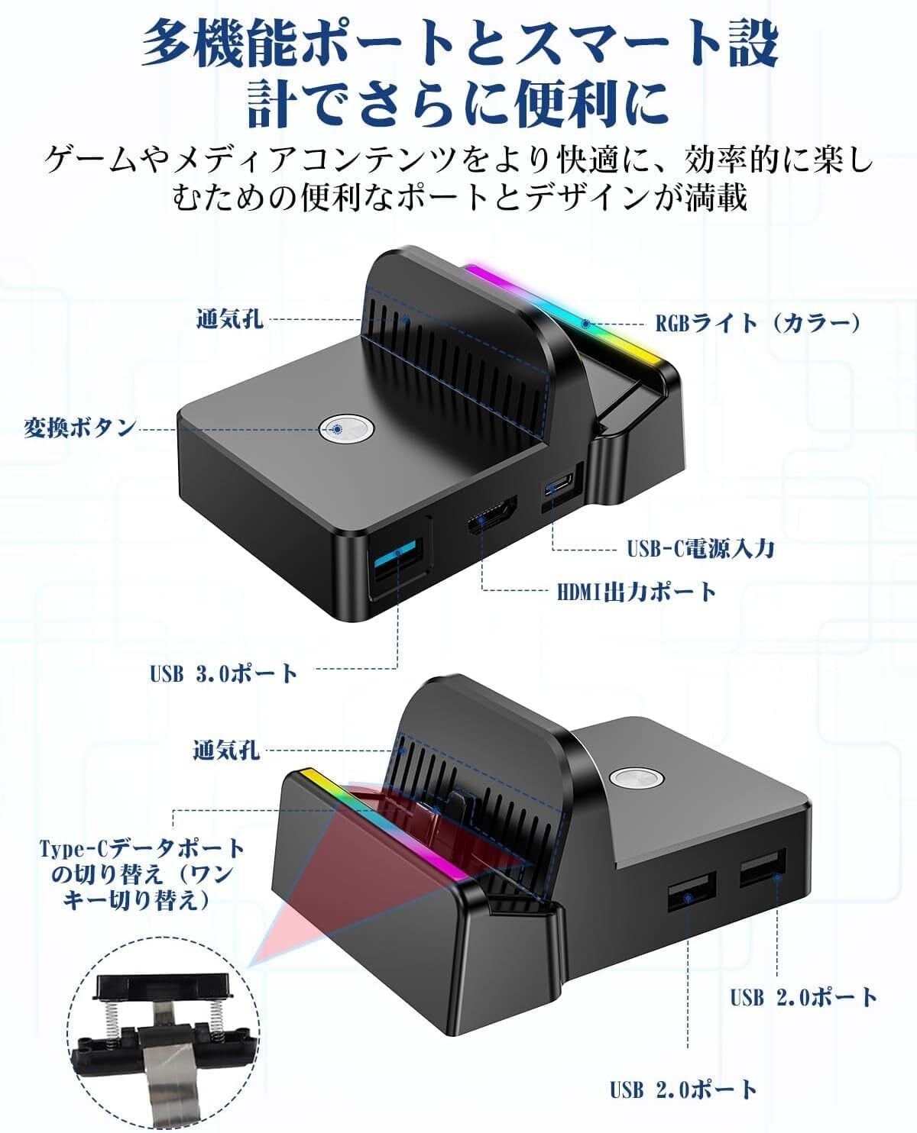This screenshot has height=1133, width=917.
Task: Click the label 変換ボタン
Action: (79, 428)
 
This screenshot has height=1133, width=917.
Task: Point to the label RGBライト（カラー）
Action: (758, 323)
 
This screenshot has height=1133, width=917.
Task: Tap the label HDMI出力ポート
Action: (637, 592)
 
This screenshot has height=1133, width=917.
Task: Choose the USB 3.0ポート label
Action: (223, 673)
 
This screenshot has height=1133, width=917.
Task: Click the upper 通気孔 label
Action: (230, 318)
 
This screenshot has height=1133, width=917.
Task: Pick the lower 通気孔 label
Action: (226, 750)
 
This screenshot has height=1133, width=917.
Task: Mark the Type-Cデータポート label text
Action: (142, 848)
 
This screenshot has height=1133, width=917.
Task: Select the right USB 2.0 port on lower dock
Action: (763, 867)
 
